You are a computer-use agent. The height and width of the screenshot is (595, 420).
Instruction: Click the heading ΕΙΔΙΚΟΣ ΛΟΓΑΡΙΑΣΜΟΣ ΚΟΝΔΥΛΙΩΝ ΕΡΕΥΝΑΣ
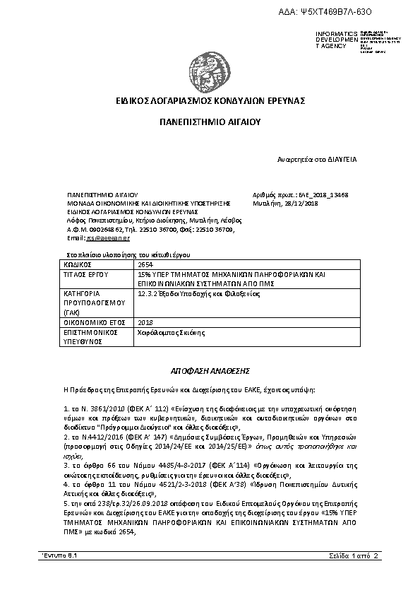pyautogui.click(x=210, y=101)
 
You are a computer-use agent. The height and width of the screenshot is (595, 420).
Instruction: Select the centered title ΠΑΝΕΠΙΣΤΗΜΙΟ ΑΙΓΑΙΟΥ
pyautogui.click(x=210, y=122)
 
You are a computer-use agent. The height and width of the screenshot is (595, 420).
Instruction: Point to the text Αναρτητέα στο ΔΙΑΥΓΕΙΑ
pyautogui.click(x=316, y=160)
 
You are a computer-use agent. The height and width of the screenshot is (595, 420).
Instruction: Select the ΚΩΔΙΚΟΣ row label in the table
pyautogui.click(x=78, y=264)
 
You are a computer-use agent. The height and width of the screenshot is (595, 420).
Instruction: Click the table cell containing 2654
pyautogui.click(x=145, y=264)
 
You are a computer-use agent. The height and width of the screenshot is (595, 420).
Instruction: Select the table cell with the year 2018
pyautogui.click(x=146, y=321)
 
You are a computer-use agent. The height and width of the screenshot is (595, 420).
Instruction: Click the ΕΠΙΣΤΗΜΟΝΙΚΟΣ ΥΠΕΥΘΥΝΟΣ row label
pyautogui.click(x=89, y=335)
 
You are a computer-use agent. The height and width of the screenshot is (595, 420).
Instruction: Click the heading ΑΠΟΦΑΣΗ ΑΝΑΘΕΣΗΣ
pyautogui.click(x=210, y=370)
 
